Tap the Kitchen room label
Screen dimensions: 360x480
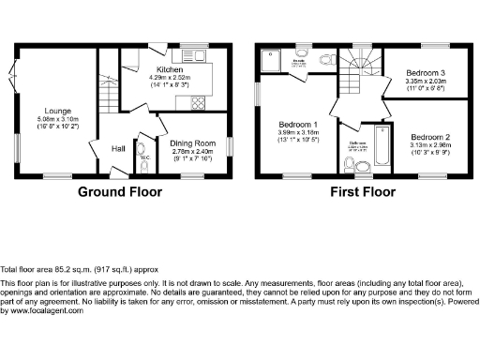[170, 70]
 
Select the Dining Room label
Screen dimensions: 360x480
[192, 142]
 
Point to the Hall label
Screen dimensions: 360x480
[119, 148]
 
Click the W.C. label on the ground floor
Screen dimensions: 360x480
[144, 157]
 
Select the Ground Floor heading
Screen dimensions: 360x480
[120, 192]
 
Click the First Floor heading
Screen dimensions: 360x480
[363, 192]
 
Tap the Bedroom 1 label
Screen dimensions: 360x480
[297, 125]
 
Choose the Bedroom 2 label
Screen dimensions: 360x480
[430, 136]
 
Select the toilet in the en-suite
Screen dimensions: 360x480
[324, 60]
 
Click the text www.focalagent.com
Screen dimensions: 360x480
[42, 310]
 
